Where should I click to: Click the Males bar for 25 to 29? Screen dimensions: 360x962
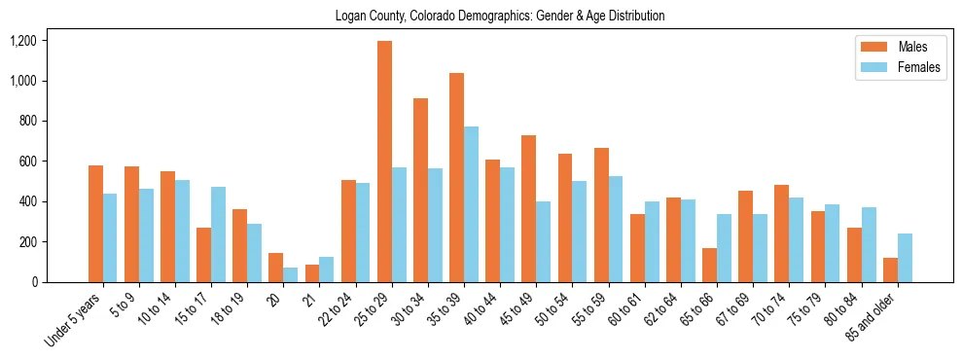pos(385,162)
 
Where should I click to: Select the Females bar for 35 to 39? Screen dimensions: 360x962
pos(472,204)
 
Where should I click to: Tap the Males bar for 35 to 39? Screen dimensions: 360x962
pos(457,177)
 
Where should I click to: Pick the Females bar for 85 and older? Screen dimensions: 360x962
pos(906,258)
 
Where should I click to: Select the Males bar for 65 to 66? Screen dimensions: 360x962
pos(710,265)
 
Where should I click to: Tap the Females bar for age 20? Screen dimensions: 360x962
pos(291,274)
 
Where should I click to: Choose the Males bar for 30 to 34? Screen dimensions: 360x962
pos(421,190)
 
